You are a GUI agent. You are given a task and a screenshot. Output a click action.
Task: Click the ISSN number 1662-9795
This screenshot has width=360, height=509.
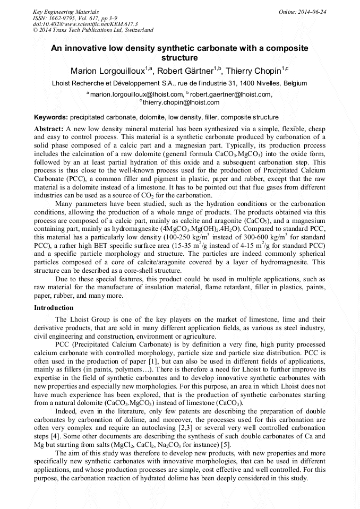pyautogui.click(x=64, y=18)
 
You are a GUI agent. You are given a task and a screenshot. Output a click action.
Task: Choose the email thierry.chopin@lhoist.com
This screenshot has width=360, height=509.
pyautogui.click(x=181, y=102)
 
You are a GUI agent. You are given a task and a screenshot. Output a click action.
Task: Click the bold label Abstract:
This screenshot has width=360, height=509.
pyautogui.click(x=49, y=129)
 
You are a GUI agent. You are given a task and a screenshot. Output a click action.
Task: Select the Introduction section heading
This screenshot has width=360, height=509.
pyautogui.click(x=54, y=308)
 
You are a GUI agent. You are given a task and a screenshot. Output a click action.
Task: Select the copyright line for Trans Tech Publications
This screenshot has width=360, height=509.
pyautogui.click(x=93, y=30)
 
